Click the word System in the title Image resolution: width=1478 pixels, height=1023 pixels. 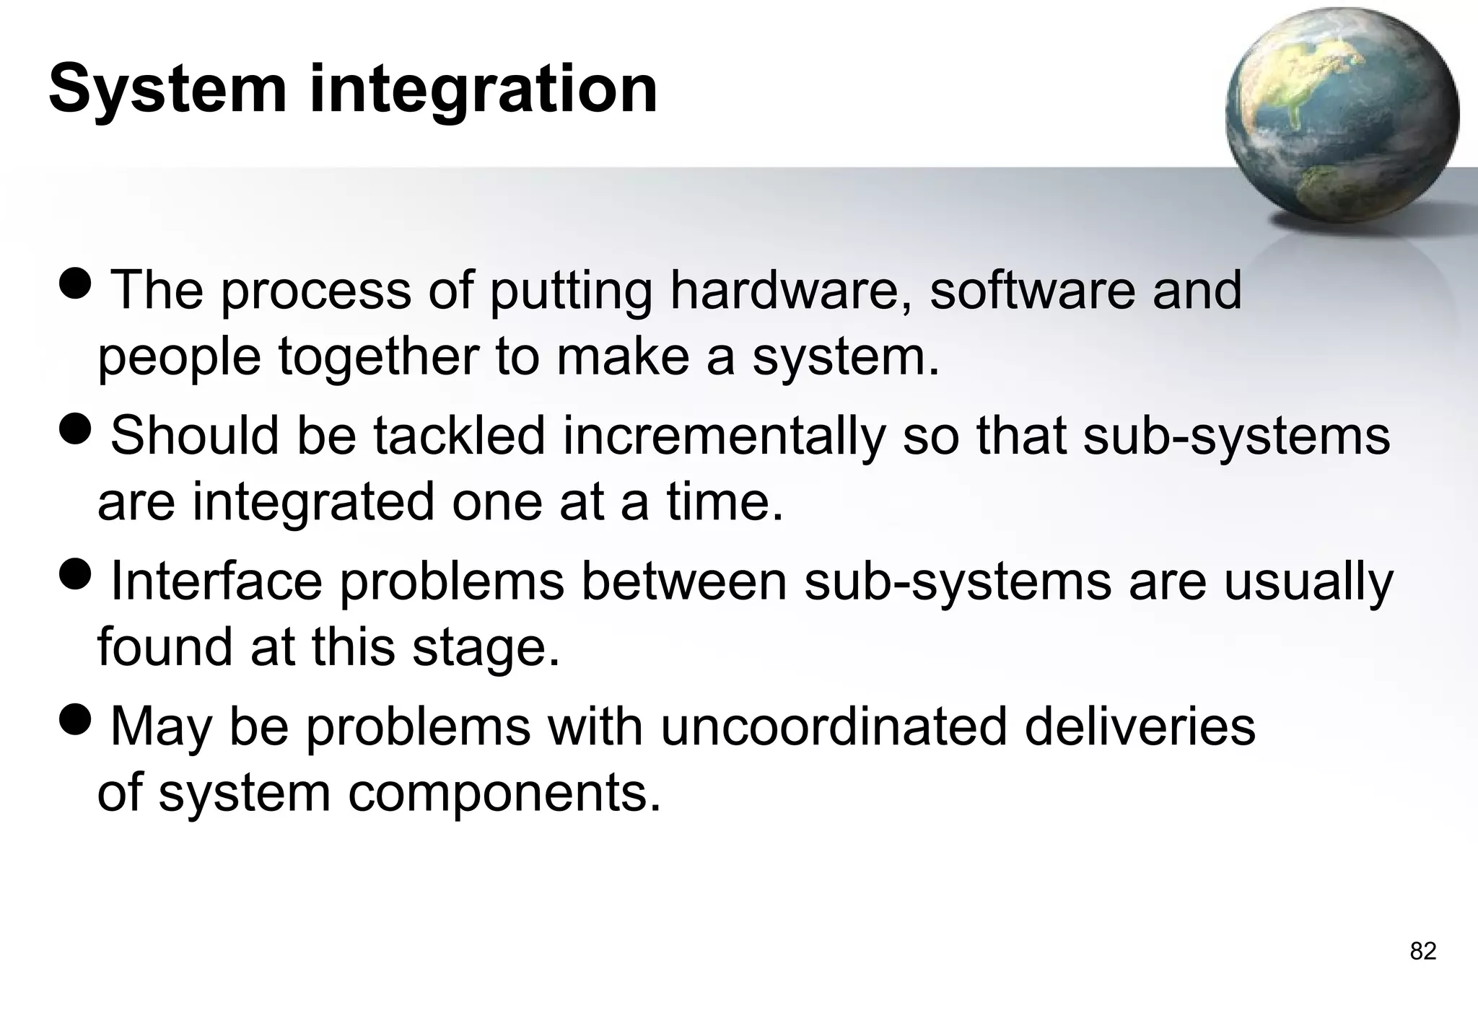click(167, 90)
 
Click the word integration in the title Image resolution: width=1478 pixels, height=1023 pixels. click(484, 90)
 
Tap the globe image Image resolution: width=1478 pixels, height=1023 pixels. click(1342, 115)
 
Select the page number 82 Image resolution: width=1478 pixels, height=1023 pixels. click(1422, 952)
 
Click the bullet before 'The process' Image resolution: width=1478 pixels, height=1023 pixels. click(75, 284)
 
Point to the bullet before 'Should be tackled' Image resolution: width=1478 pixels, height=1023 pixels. click(75, 429)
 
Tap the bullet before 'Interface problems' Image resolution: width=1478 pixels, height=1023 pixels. click(75, 574)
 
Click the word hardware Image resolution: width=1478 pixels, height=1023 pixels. click(790, 290)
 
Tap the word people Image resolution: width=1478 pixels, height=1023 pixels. click(179, 359)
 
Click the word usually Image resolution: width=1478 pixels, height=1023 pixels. click(1308, 583)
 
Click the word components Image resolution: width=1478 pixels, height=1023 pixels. click(504, 794)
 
